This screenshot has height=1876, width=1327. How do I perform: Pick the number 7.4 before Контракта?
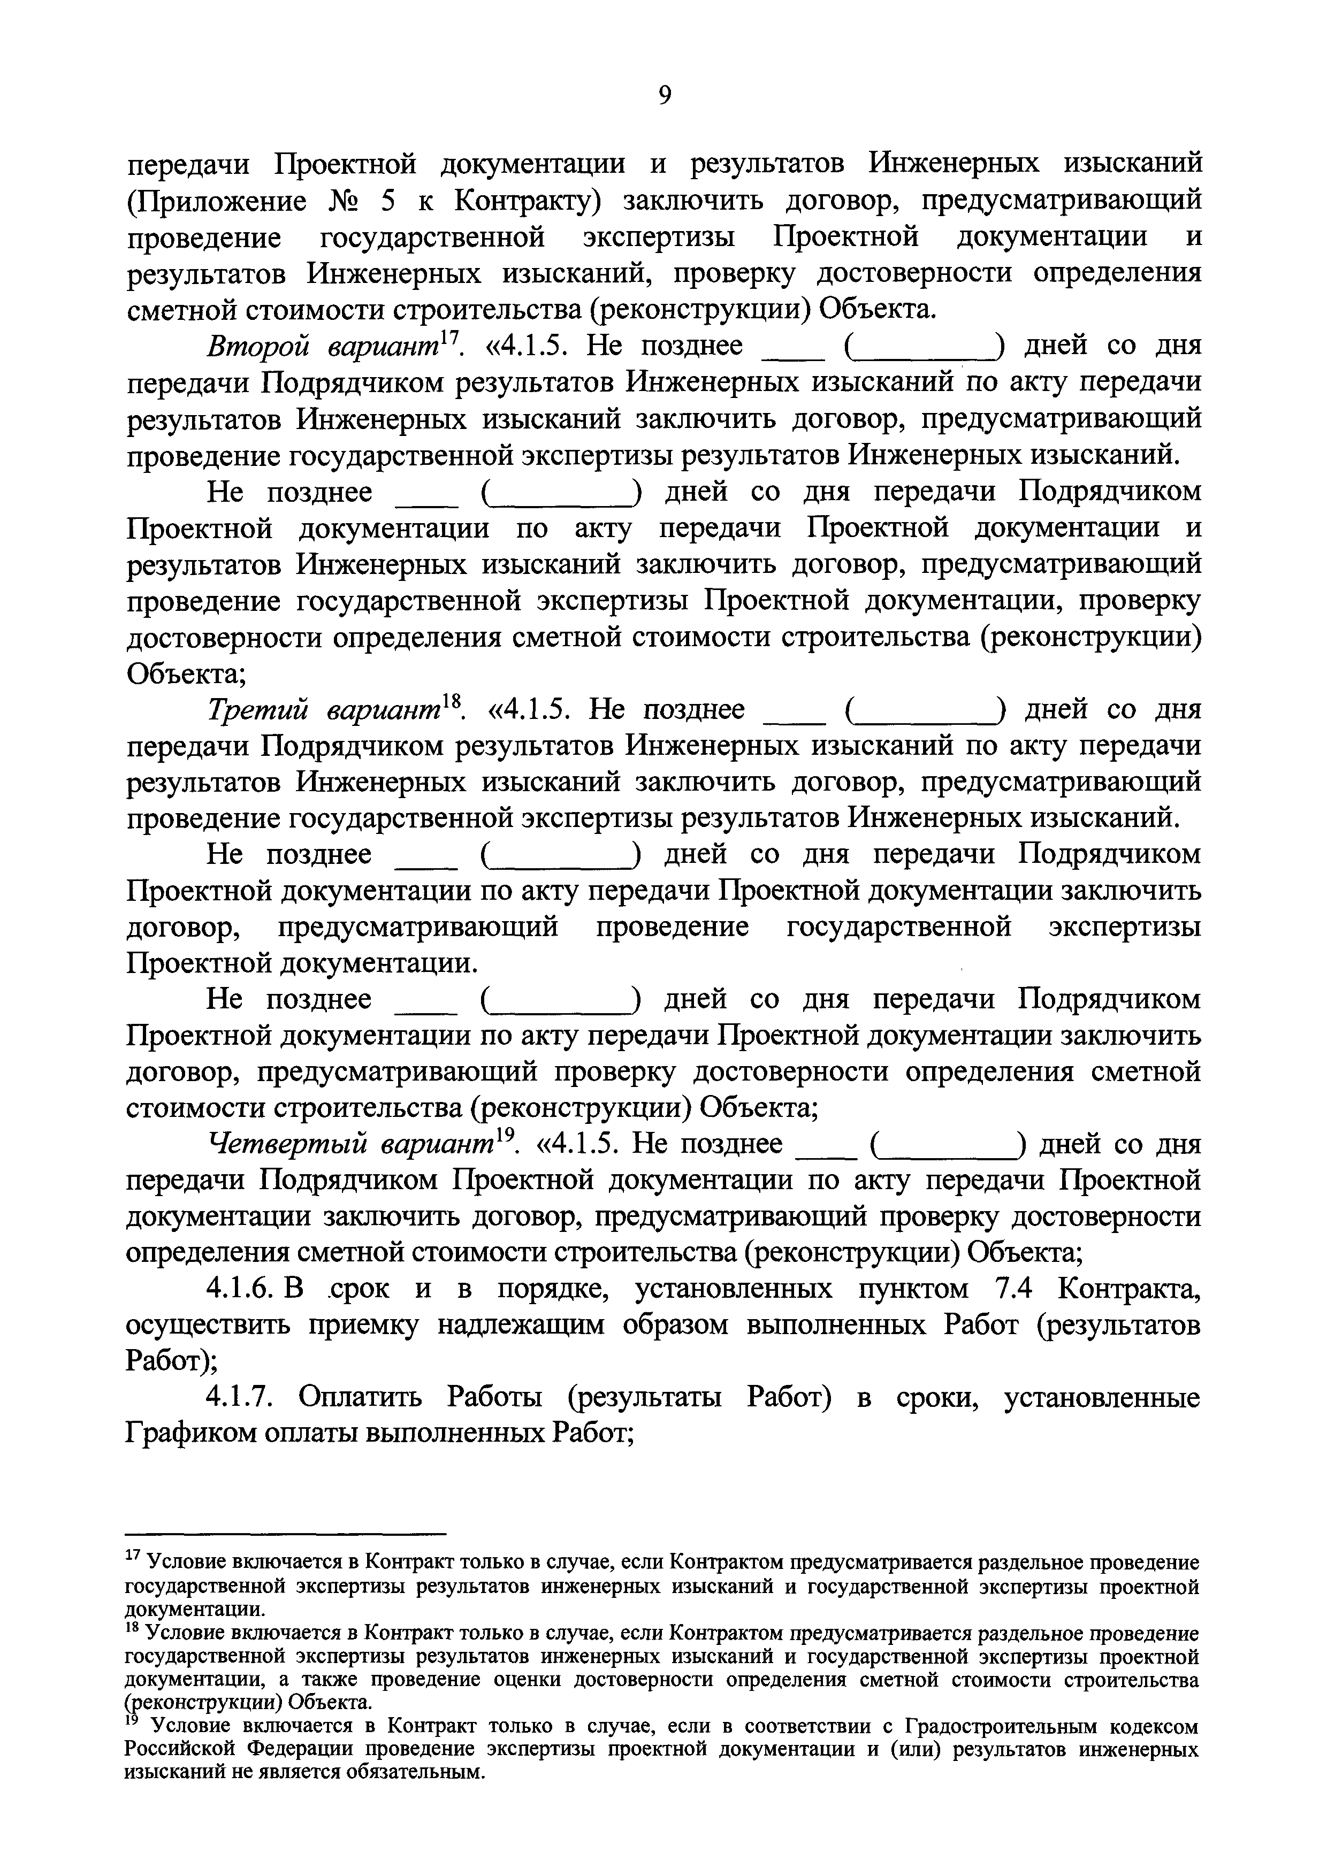(x=1014, y=1289)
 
